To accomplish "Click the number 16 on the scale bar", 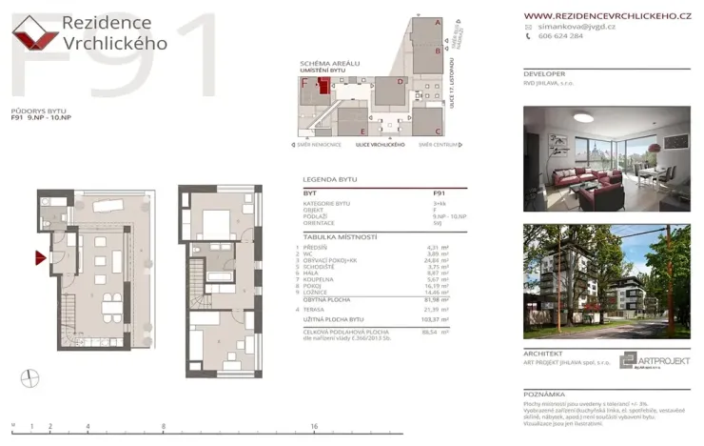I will [x=314, y=427].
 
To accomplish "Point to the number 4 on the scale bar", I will [x=88, y=427].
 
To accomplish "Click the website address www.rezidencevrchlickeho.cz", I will [x=606, y=15].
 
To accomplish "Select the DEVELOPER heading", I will [x=543, y=73].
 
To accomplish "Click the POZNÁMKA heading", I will [x=544, y=393].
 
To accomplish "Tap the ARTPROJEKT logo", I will [x=653, y=360].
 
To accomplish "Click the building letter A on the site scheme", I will [x=437, y=21].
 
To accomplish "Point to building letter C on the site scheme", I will [x=437, y=130].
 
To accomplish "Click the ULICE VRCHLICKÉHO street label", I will [x=380, y=144].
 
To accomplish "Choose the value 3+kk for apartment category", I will [x=440, y=204].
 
